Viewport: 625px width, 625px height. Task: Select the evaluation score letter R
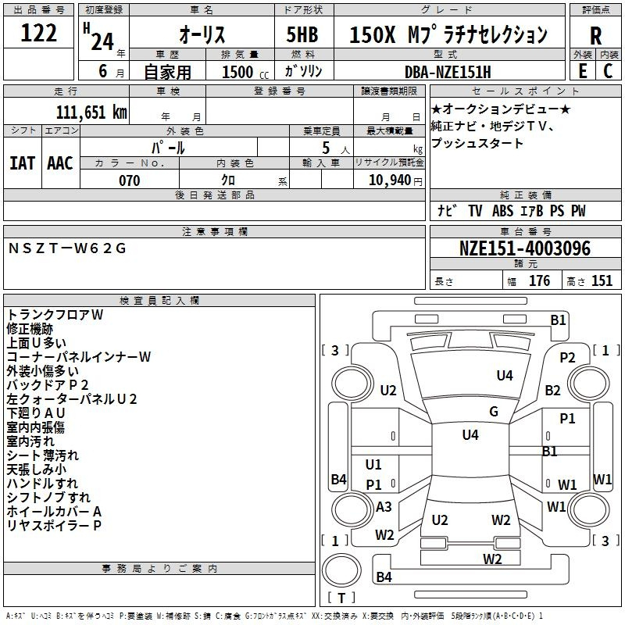coord(595,36)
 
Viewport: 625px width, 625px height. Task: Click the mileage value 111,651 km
coord(91,112)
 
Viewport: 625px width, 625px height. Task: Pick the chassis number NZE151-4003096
coord(524,249)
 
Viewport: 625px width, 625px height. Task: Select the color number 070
coord(129,180)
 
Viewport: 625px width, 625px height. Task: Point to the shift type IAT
coord(23,162)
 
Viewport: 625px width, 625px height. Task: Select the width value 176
coord(539,281)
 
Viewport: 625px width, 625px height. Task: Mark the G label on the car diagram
coord(494,411)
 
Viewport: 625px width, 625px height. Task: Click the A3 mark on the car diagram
coord(384,506)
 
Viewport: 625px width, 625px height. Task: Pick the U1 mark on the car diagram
coord(373,464)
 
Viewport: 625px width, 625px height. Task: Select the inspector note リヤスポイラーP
coord(54,525)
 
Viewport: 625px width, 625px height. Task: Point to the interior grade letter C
coord(608,71)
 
